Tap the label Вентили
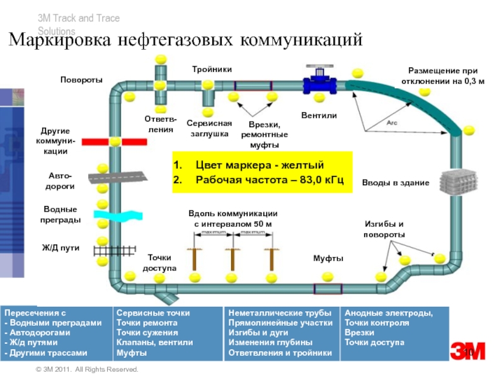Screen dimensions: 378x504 pos(319,116)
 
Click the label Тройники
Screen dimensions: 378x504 pos(212,69)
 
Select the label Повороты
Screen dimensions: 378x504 pos(81,80)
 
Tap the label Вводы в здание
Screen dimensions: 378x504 pos(395,183)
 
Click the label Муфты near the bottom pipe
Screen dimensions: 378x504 pos(328,259)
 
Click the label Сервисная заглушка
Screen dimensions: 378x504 pos(210,129)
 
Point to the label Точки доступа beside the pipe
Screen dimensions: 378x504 pos(159,263)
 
